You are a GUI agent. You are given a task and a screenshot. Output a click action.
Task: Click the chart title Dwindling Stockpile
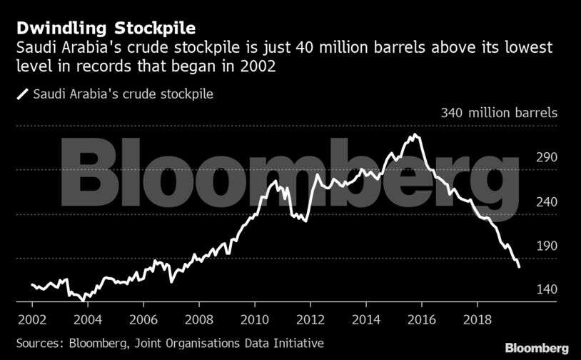pyautogui.click(x=106, y=28)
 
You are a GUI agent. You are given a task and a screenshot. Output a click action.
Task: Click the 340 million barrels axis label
pyautogui.click(x=500, y=113)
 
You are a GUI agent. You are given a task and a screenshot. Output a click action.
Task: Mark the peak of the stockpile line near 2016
pyautogui.click(x=413, y=134)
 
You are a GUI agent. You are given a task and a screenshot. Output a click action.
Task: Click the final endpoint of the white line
pyautogui.click(x=519, y=266)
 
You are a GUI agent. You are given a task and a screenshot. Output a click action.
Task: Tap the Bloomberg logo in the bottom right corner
pyautogui.click(x=537, y=348)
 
